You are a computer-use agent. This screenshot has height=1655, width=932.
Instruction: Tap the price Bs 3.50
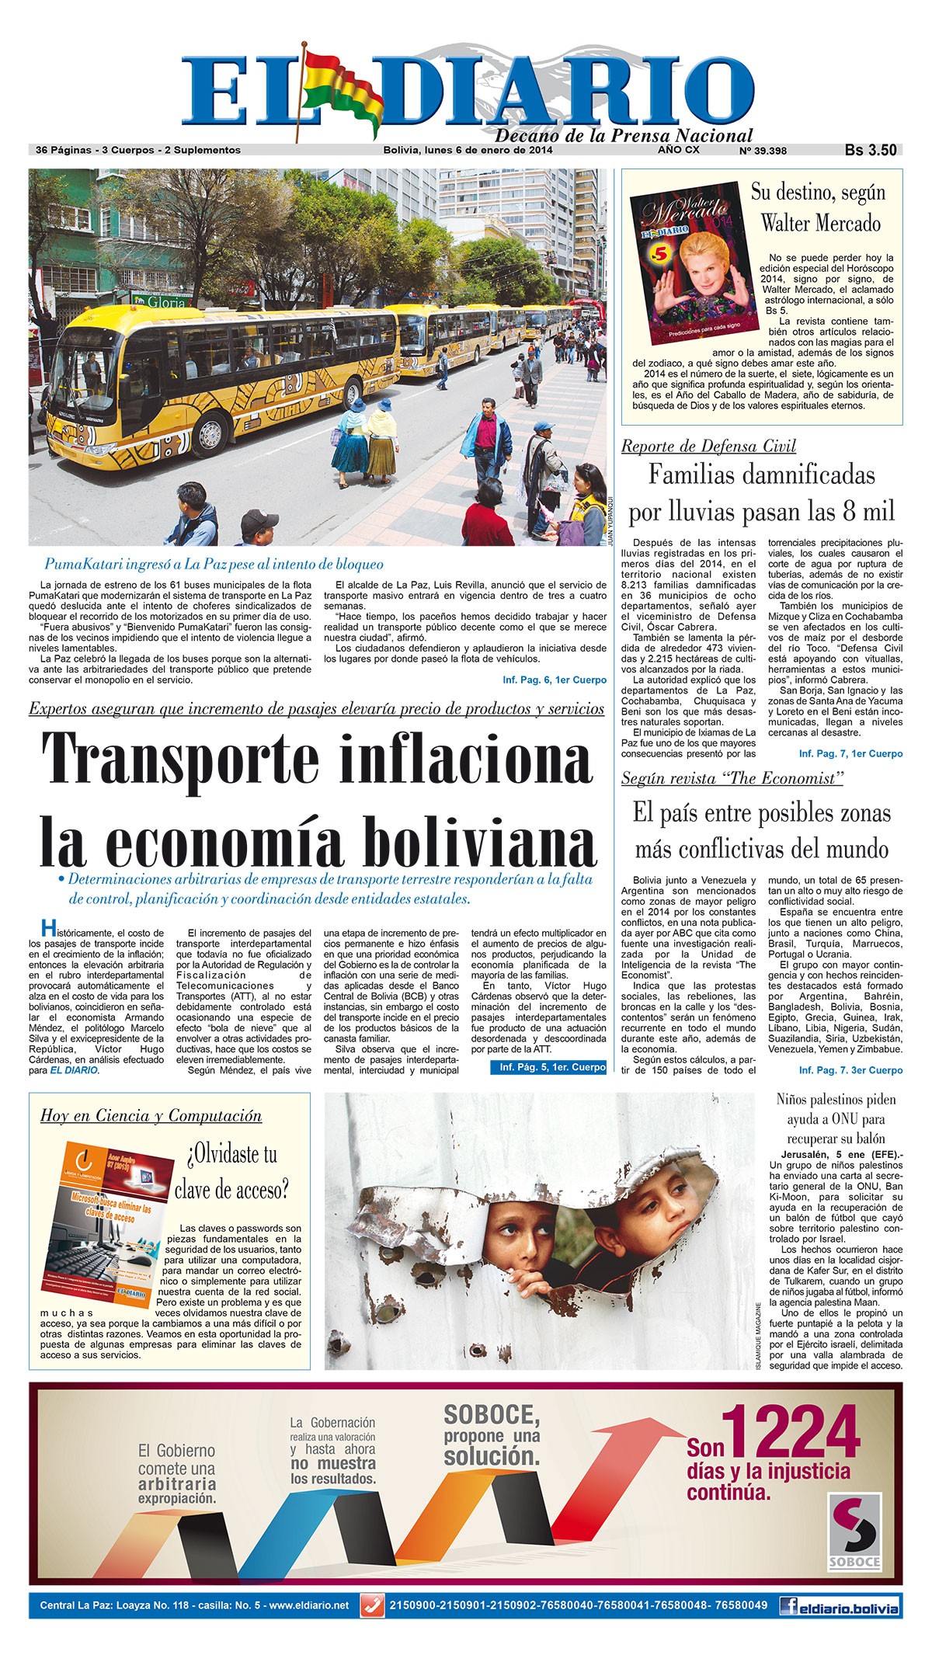click(x=871, y=150)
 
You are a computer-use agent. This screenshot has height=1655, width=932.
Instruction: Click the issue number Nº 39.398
click(x=763, y=151)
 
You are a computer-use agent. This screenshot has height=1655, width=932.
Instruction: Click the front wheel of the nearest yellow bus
click(x=207, y=428)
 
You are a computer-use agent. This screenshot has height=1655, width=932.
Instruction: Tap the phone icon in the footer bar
click(x=373, y=1605)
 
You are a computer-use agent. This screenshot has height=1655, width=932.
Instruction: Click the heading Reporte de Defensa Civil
click(x=708, y=446)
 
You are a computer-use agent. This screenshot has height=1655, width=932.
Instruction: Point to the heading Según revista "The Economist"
click(x=732, y=778)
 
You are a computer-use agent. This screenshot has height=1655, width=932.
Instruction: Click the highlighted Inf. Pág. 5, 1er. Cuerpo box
click(x=548, y=1067)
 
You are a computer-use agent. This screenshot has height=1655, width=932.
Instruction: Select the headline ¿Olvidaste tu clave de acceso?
click(x=231, y=1171)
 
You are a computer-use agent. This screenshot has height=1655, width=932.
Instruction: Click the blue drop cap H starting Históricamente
click(x=47, y=927)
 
